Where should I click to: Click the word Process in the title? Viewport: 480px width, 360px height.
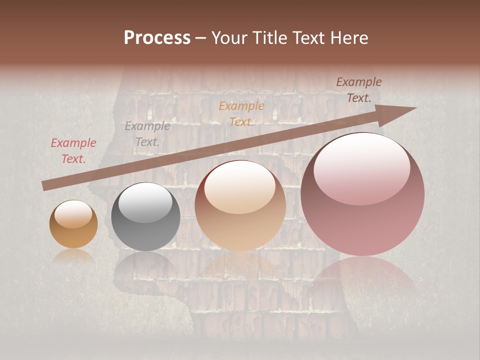tap(157, 38)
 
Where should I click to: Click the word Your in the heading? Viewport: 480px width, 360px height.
tap(230, 38)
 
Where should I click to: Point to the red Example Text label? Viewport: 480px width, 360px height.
tap(73, 151)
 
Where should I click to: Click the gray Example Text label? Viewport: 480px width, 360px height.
tap(147, 134)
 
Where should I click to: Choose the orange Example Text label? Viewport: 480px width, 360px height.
tap(241, 114)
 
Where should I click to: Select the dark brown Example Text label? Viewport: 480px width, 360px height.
tap(359, 90)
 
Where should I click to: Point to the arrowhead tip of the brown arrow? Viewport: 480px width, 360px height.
tap(415, 108)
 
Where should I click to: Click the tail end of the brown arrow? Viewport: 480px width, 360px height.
tap(43, 186)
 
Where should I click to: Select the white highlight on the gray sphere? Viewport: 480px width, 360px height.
tap(145, 201)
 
